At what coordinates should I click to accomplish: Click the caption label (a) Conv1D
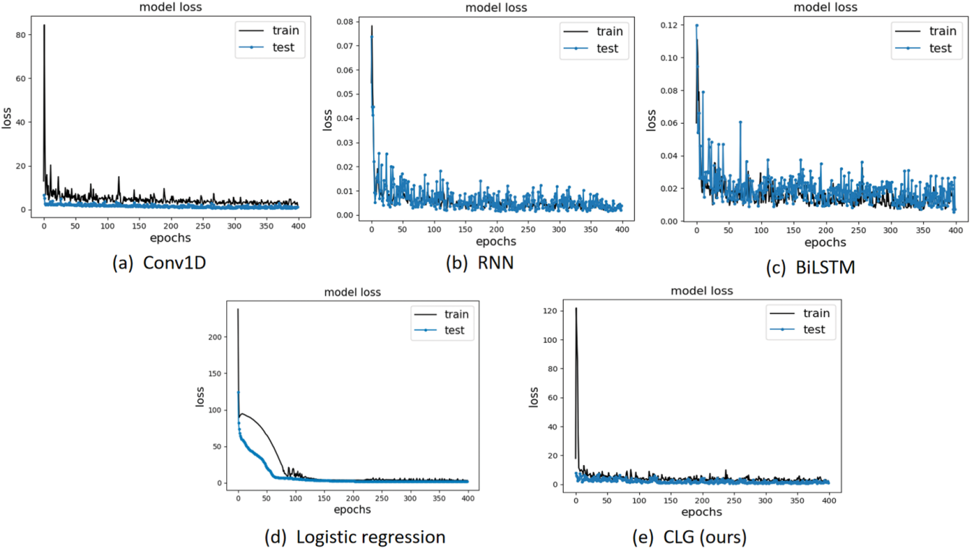(159, 263)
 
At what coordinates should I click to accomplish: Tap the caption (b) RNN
(480, 263)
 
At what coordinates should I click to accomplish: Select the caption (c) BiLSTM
(810, 267)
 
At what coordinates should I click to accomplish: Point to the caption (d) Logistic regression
(355, 537)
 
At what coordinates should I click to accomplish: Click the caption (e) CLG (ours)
(689, 537)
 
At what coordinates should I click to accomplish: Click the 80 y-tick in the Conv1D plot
(20, 35)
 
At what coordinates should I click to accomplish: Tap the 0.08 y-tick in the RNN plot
(345, 22)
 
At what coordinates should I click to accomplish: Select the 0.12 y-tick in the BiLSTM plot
(669, 25)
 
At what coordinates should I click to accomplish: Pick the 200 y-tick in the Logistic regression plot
(215, 337)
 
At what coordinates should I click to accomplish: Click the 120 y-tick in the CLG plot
(549, 311)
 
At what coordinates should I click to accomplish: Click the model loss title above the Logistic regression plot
(352, 292)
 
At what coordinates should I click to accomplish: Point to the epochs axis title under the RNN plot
(496, 241)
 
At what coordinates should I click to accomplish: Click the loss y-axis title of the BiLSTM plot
(651, 120)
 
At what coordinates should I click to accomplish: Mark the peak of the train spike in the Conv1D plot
(44, 25)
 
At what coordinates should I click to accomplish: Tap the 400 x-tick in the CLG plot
(829, 501)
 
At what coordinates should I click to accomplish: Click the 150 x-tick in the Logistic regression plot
(324, 499)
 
